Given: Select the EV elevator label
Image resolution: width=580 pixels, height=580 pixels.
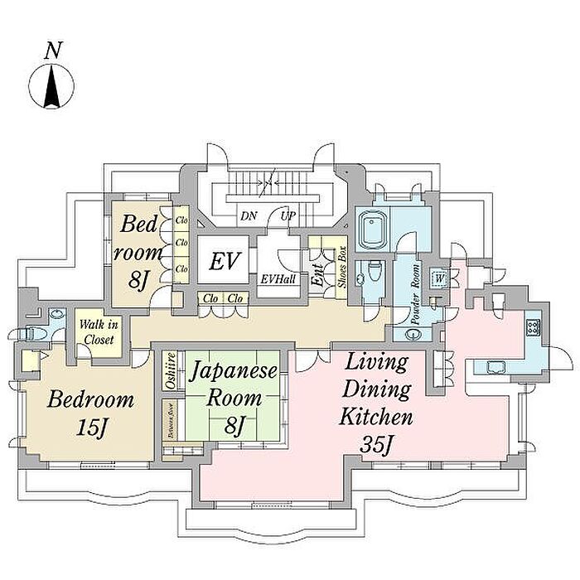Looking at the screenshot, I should pyautogui.click(x=224, y=263).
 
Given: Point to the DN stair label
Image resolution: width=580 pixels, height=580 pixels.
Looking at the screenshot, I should pyautogui.click(x=248, y=216).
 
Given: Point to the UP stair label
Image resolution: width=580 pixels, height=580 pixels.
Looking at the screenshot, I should pyautogui.click(x=289, y=216).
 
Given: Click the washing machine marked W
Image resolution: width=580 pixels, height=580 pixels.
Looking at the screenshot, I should pyautogui.click(x=440, y=277).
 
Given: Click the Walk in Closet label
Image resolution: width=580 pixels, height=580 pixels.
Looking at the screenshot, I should pyautogui.click(x=99, y=331).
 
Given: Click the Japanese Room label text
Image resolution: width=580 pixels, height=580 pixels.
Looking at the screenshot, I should pyautogui.click(x=234, y=384).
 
